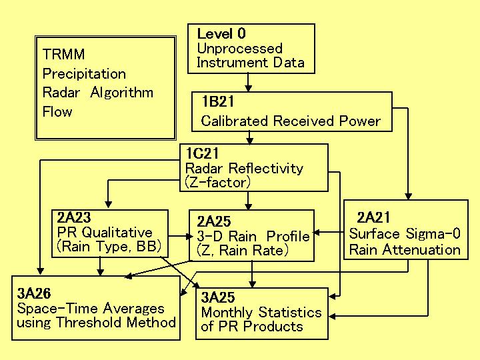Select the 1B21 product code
coord(217,103)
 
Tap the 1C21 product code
coord(202,154)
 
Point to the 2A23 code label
coord(73,218)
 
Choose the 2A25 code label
coord(213,221)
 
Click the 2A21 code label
coord(374,217)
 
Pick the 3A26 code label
coord(33,293)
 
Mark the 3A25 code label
coord(218,297)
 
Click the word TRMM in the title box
coord(63,55)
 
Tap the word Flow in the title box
coord(57,111)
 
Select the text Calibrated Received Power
coord(291,121)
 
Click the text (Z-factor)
coord(217,181)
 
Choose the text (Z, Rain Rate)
coord(243,251)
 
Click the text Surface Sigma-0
coord(404,234)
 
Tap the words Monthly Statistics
coord(261,312)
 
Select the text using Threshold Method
coord(96,323)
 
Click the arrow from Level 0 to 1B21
coord(248,83)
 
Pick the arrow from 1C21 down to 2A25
coord(248,201)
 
